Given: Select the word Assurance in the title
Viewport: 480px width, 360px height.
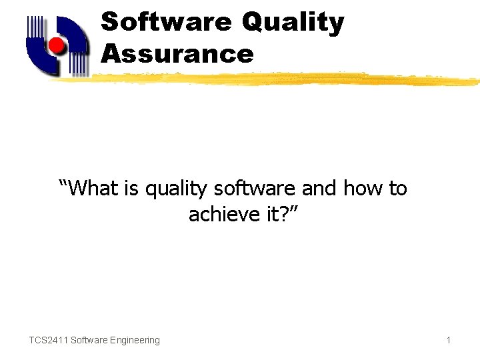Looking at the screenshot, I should coord(177,54).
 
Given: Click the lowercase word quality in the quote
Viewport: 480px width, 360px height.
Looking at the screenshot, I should coord(176,190).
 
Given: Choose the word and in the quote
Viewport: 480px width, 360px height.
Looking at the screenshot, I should coord(319,189).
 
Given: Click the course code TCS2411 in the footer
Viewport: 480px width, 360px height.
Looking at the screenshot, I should coord(48,340).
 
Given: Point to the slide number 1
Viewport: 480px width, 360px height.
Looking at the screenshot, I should coord(449,340).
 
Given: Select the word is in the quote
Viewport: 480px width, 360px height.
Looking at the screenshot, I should coord(133,189).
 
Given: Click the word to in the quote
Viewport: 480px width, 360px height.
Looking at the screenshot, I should coord(398,189).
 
